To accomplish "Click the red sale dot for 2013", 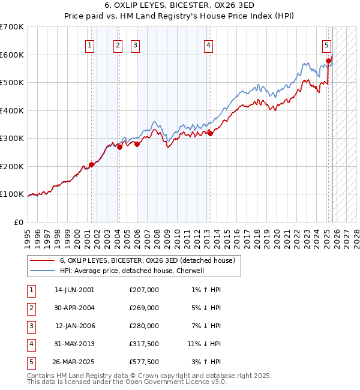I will click(x=210, y=133).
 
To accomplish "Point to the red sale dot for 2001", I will click(x=91, y=164).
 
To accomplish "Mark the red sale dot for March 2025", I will click(x=329, y=61).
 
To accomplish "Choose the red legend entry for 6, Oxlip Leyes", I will click(x=150, y=260).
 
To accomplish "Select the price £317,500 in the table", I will click(x=143, y=344).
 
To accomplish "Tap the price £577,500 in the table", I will click(x=143, y=362).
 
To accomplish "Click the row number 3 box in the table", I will click(x=30, y=326).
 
